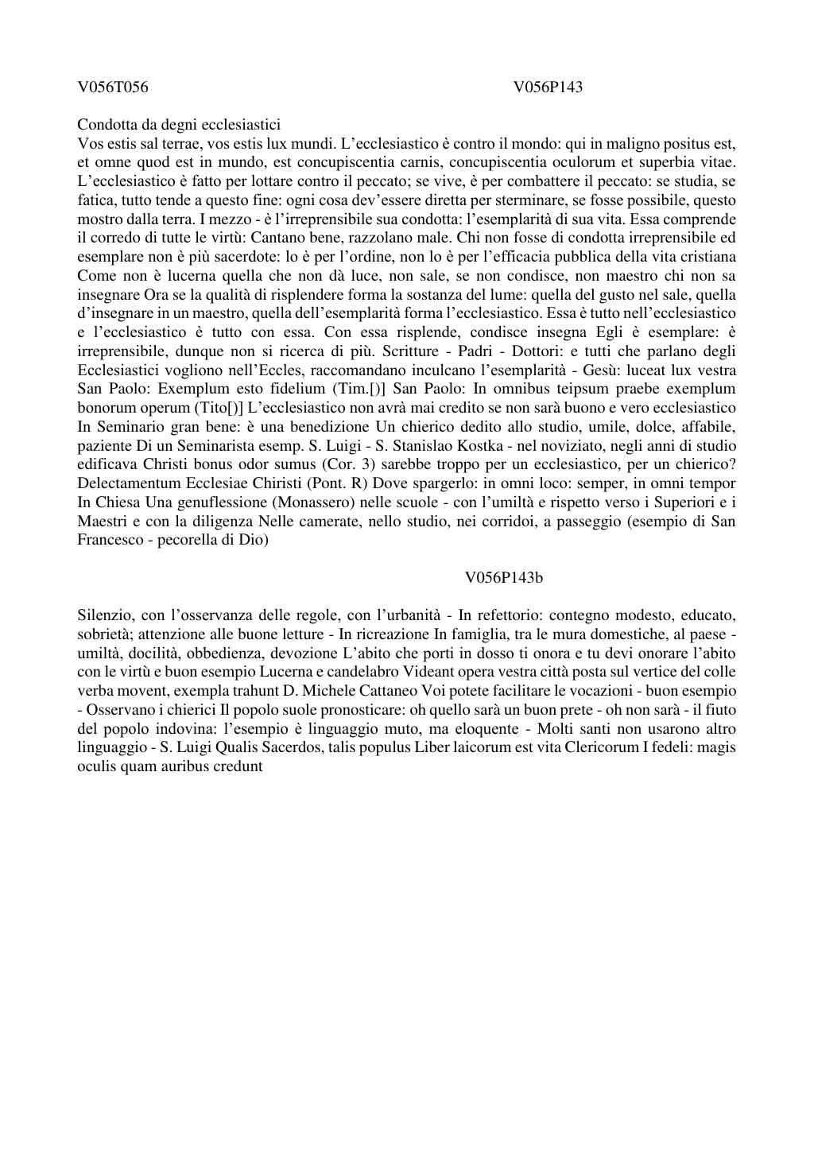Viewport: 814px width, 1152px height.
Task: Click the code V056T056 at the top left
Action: (113, 87)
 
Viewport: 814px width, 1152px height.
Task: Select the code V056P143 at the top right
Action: (548, 87)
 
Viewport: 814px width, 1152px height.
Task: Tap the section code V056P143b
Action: (504, 577)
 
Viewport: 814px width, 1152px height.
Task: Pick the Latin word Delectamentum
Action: (127, 483)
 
